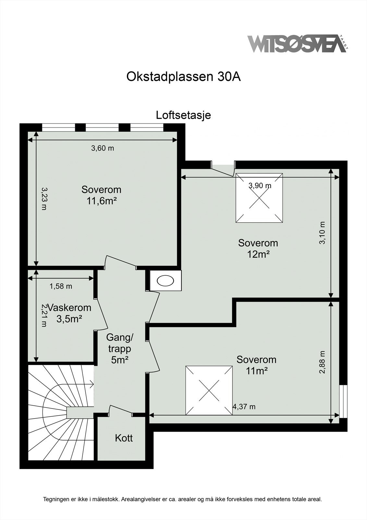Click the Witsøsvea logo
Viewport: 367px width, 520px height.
[297, 44]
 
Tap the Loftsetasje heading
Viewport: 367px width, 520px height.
[183, 115]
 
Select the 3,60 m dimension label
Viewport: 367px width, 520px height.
[103, 149]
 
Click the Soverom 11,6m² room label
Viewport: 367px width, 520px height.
[101, 195]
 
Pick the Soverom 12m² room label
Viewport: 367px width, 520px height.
[258, 248]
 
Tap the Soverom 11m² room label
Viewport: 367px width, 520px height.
[256, 365]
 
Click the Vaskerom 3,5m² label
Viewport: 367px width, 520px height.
[69, 313]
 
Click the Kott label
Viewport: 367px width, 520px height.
[124, 438]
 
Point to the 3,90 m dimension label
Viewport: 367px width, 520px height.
[260, 186]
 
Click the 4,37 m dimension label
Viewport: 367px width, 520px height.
[244, 406]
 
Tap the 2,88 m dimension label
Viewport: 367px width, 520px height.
[322, 362]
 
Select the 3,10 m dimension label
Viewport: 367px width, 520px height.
[322, 233]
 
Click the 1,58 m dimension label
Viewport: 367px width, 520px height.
[61, 286]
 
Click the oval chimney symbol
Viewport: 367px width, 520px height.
[165, 280]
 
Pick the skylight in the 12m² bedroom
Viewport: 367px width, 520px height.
[259, 198]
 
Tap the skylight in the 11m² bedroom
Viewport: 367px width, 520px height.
[209, 390]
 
